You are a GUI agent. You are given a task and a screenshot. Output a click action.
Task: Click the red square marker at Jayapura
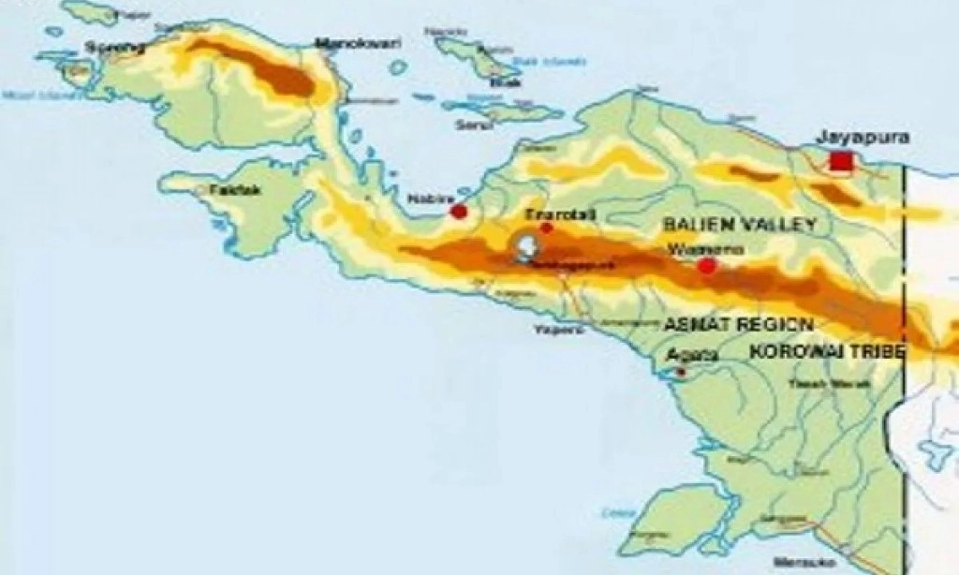click(842, 162)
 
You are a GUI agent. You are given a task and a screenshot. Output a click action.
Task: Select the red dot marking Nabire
click(459, 212)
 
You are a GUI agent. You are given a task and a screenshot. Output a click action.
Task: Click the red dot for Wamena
click(707, 266)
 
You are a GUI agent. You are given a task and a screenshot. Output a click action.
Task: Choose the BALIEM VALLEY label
click(740, 225)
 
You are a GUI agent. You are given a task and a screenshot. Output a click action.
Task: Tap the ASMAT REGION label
click(738, 324)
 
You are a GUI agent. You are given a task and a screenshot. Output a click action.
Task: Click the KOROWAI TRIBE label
click(828, 351)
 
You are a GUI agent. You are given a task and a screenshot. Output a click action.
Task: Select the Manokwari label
click(352, 43)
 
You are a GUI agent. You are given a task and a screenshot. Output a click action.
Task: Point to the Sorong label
click(104, 47)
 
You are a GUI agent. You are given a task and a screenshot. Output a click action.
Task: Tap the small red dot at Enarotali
click(546, 228)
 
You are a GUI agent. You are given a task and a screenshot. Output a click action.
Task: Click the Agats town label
click(691, 356)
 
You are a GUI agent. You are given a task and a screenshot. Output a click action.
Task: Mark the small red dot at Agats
click(682, 372)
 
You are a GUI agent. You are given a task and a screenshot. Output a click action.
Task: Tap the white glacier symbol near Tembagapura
click(528, 246)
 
